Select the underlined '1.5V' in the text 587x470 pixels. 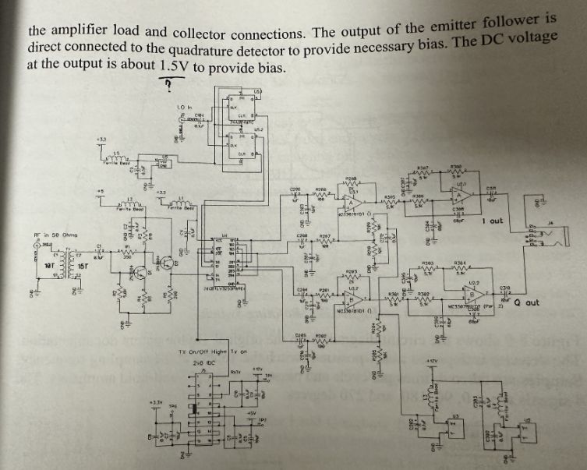[x=179, y=66]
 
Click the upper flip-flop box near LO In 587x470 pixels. [x=238, y=110]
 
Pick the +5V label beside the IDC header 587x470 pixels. [x=251, y=413]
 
